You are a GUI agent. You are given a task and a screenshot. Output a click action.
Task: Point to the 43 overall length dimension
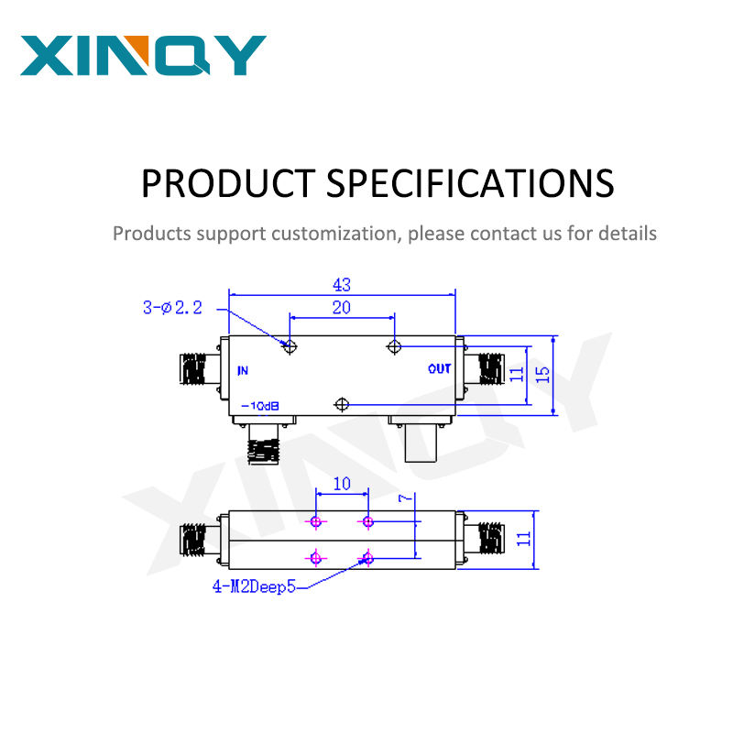[341, 285]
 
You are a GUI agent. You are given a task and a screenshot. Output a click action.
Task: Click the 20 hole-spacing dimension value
[341, 308]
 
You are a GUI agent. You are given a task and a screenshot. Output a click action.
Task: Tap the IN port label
[243, 370]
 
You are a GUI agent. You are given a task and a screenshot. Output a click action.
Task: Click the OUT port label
[439, 369]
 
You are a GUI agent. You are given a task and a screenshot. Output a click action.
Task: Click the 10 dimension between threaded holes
[341, 483]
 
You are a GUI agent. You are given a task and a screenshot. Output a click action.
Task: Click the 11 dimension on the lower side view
[523, 538]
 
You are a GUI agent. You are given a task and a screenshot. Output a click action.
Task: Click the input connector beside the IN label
[196, 370]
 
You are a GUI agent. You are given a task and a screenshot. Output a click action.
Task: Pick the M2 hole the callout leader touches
[368, 557]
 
